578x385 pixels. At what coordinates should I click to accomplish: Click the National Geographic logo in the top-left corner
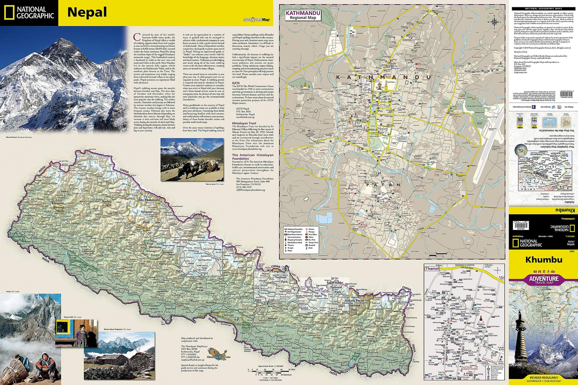click(x=29, y=13)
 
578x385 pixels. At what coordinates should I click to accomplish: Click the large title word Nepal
click(x=87, y=12)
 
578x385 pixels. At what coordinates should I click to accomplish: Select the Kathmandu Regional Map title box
click(x=302, y=15)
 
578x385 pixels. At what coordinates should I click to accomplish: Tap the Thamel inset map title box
click(x=432, y=269)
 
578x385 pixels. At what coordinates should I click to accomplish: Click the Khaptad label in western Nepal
click(x=58, y=203)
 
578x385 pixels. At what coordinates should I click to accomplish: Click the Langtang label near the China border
click(x=278, y=272)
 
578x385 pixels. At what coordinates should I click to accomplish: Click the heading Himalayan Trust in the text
click(x=244, y=124)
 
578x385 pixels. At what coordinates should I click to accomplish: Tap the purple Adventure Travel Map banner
click(x=543, y=280)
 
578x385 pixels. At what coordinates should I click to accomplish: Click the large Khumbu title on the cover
click(x=543, y=260)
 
